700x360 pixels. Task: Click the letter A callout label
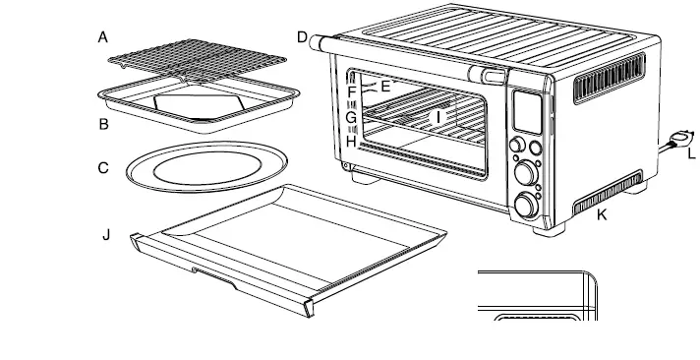(102, 37)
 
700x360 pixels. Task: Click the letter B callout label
(102, 124)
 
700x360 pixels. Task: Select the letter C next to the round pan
(102, 168)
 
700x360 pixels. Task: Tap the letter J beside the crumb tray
(107, 236)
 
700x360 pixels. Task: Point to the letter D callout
(302, 37)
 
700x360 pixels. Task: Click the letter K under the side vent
(602, 214)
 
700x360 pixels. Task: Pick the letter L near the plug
(691, 154)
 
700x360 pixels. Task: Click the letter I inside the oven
(440, 116)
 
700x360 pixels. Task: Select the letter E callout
(385, 87)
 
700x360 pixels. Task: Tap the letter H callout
(350, 141)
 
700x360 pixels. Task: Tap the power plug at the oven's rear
(675, 142)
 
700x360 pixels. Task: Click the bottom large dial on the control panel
(527, 205)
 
